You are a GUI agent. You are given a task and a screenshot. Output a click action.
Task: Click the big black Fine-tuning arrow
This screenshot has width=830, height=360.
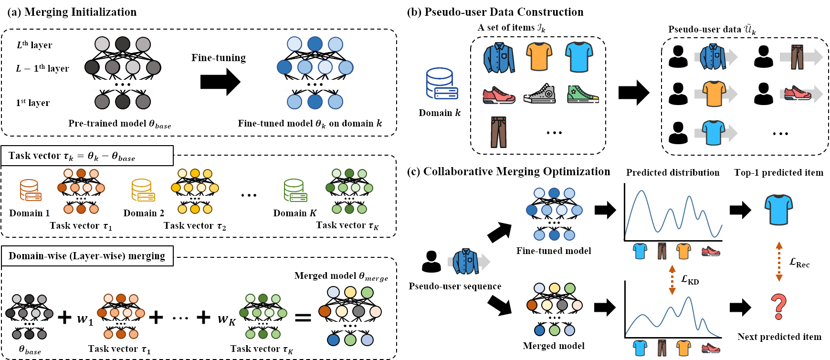point(220,82)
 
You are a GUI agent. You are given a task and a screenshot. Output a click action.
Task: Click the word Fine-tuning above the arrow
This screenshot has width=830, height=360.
point(219,58)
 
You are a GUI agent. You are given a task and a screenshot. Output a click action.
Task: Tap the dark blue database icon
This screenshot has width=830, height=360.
point(441,84)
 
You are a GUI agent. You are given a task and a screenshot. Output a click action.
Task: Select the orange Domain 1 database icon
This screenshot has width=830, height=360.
point(30,190)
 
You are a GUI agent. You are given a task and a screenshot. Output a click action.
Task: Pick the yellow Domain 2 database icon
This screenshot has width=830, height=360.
point(143,190)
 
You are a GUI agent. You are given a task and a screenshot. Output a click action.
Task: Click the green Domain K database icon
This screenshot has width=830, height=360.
point(295,190)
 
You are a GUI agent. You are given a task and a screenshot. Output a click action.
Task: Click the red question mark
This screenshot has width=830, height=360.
point(778,307)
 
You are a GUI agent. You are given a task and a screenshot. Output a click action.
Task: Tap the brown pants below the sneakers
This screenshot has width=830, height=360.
point(499,132)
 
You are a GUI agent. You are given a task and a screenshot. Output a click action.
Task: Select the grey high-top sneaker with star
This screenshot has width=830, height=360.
point(540,93)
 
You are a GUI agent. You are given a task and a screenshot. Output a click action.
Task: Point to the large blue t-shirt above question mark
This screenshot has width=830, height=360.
point(778,209)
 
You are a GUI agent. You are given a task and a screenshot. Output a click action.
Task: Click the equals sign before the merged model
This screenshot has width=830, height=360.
point(303,318)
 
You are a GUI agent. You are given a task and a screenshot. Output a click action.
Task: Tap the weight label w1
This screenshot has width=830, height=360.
point(85,319)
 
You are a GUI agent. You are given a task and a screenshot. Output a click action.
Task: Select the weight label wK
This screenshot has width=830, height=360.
point(226,319)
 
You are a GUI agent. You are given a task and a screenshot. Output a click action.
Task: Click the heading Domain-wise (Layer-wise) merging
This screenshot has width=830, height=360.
point(87,256)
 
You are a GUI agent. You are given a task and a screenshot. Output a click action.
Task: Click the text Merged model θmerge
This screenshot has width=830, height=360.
point(341,276)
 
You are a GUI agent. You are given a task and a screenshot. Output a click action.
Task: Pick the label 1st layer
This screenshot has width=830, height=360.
point(33,103)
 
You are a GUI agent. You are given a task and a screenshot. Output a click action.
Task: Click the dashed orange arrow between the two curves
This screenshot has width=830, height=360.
point(672,280)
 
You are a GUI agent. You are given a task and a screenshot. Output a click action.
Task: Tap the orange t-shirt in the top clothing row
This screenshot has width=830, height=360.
point(539,56)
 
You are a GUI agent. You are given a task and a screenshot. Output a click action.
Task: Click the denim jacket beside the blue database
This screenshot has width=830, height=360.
point(499,57)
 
